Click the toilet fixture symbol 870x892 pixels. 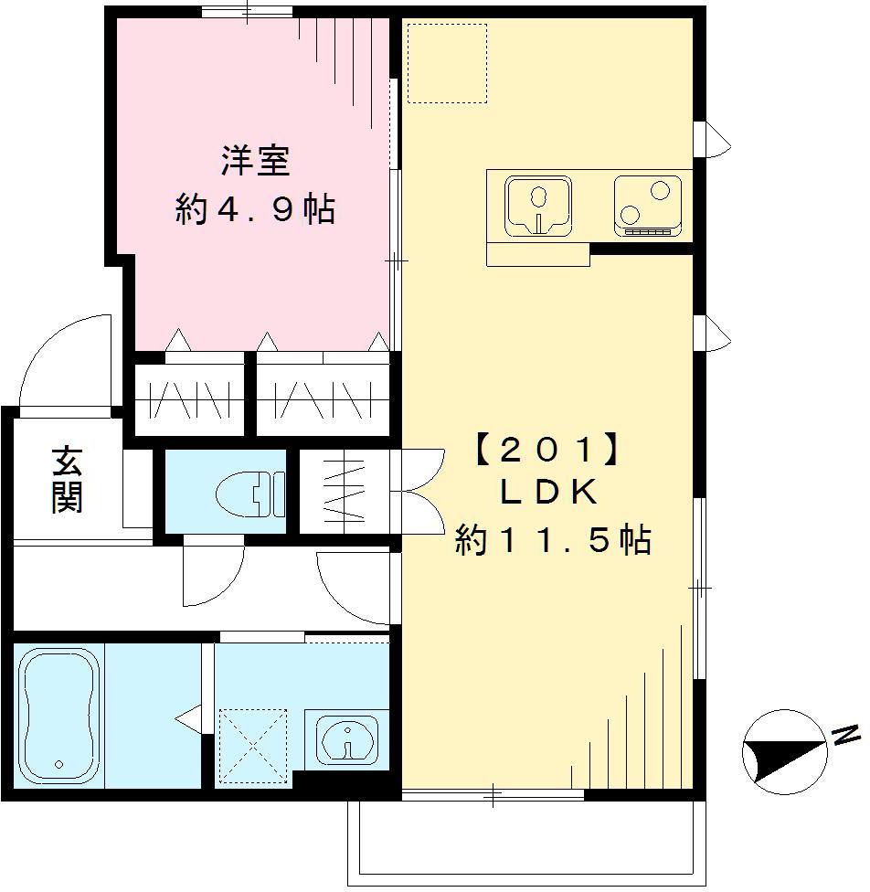pyautogui.click(x=249, y=494)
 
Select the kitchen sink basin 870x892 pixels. pyautogui.click(x=539, y=205)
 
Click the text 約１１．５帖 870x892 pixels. pyautogui.click(x=554, y=542)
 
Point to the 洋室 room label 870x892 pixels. pyautogui.click(x=255, y=162)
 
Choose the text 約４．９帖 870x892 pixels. pyautogui.click(x=255, y=211)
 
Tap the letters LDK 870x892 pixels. pyautogui.click(x=548, y=494)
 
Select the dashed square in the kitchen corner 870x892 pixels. pyautogui.click(x=447, y=62)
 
